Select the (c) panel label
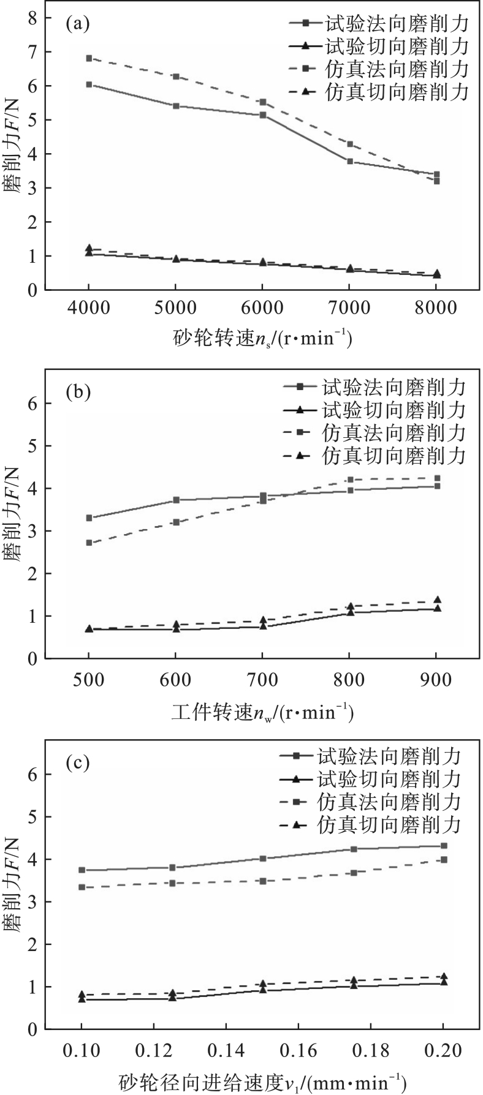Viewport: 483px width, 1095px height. [78, 763]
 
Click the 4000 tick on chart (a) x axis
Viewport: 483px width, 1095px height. [89, 308]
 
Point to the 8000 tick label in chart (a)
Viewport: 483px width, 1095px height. [436, 308]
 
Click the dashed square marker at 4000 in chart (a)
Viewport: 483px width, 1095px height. [89, 58]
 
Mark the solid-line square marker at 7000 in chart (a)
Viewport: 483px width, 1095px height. [350, 161]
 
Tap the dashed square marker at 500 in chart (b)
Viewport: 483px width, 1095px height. [89, 543]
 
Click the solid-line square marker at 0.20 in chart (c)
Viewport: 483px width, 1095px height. [444, 846]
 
